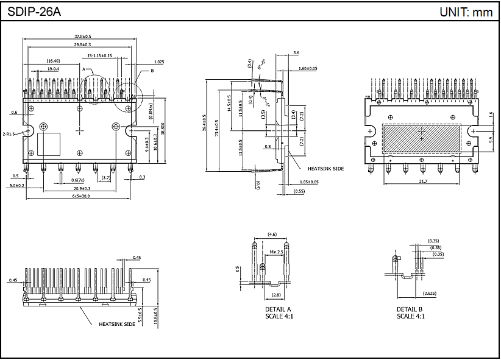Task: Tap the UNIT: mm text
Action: click(466, 12)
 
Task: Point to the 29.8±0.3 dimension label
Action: click(79, 44)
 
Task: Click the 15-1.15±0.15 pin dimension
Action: click(99, 55)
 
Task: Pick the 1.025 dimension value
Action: click(159, 62)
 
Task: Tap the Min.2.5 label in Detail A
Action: click(276, 251)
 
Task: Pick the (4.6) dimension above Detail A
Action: click(272, 235)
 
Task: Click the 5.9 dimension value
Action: click(491, 139)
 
